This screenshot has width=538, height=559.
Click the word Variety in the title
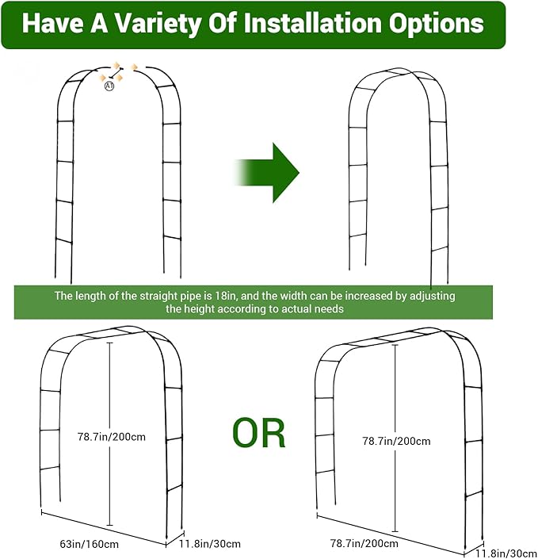(x=158, y=24)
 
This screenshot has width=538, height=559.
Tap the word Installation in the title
(x=312, y=23)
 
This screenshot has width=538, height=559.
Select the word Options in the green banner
(x=436, y=25)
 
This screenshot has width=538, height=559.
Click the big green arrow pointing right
(x=266, y=173)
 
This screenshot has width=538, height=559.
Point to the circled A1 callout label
(x=109, y=86)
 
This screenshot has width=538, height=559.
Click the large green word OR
(x=259, y=433)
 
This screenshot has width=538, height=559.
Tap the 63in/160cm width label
(x=89, y=544)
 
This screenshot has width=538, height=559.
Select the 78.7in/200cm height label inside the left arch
(x=112, y=437)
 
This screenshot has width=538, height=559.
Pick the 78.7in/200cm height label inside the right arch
(x=396, y=441)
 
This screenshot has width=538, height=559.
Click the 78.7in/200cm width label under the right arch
(x=364, y=543)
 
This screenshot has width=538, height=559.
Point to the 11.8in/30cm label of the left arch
(x=210, y=544)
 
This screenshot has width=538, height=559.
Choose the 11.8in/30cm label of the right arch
(x=506, y=553)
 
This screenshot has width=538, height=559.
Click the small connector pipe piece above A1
(x=116, y=72)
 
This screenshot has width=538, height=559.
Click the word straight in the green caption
(x=156, y=297)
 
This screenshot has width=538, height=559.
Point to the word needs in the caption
(x=331, y=308)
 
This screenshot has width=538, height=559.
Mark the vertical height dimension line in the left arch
(x=109, y=434)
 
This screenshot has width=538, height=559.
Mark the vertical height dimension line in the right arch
(x=395, y=438)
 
